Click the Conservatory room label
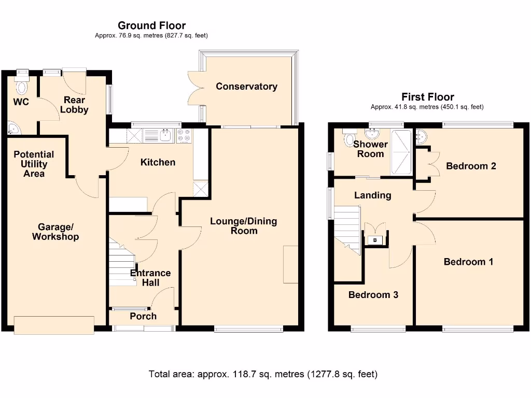point(246,87)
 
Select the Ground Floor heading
point(151,25)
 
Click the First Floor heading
point(427,97)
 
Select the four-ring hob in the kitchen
point(184,136)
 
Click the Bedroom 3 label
point(373,295)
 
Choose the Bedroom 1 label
point(468,262)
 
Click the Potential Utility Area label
point(34,164)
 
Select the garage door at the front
point(54,325)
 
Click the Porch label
point(143,316)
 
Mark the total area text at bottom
point(263,374)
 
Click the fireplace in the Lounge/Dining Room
point(290,264)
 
